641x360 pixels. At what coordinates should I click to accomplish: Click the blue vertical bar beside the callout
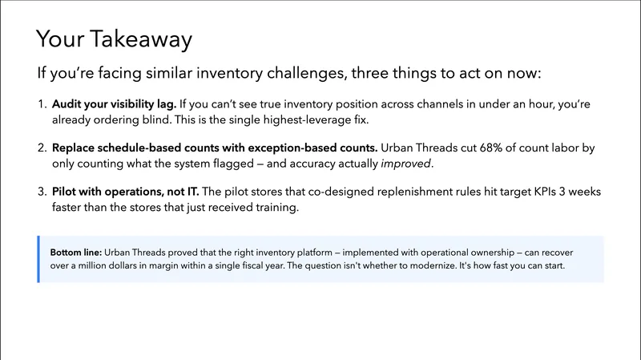38,259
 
